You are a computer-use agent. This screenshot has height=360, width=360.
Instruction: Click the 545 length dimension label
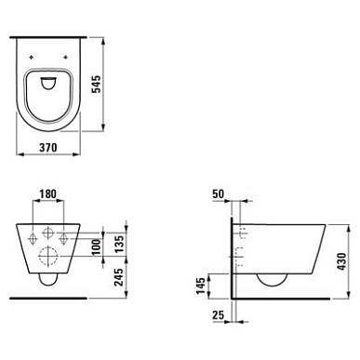[x=97, y=84]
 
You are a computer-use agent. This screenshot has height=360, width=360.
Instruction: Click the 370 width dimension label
[x=48, y=147]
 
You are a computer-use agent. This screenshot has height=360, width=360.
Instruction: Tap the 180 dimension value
[x=48, y=194]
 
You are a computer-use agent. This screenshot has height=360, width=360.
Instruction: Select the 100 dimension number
[x=97, y=247]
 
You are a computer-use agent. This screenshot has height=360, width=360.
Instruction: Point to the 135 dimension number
[x=119, y=244]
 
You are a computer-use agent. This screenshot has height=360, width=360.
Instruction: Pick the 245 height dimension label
[x=119, y=277]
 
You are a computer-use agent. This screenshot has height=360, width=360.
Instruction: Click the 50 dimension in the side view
[x=218, y=193]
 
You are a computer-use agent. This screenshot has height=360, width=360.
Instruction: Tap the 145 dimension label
[x=201, y=286]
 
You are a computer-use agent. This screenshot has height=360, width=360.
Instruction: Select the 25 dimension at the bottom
[x=218, y=315]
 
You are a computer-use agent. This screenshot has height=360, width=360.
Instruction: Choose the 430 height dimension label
[x=341, y=261]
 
